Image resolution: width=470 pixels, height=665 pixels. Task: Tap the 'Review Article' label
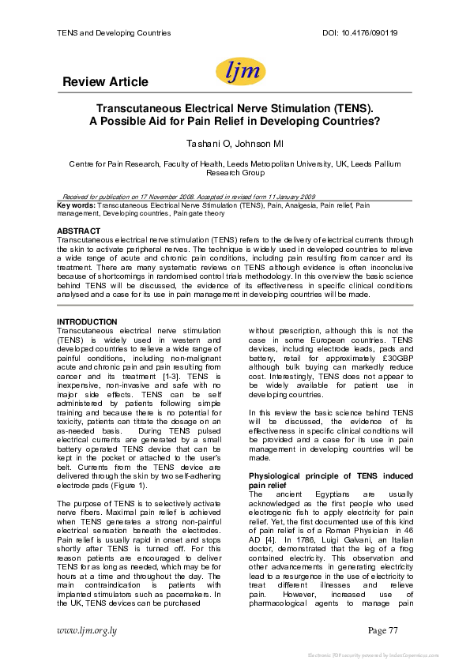[x=104, y=82]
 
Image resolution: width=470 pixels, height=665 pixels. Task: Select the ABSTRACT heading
[x=79, y=231]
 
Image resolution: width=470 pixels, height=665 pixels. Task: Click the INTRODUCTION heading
[x=88, y=321]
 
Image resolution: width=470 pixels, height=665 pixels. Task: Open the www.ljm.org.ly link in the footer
[x=86, y=629]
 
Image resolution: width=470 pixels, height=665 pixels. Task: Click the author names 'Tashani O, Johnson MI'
[x=235, y=143]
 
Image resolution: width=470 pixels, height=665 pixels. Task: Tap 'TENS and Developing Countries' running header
[x=115, y=33]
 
